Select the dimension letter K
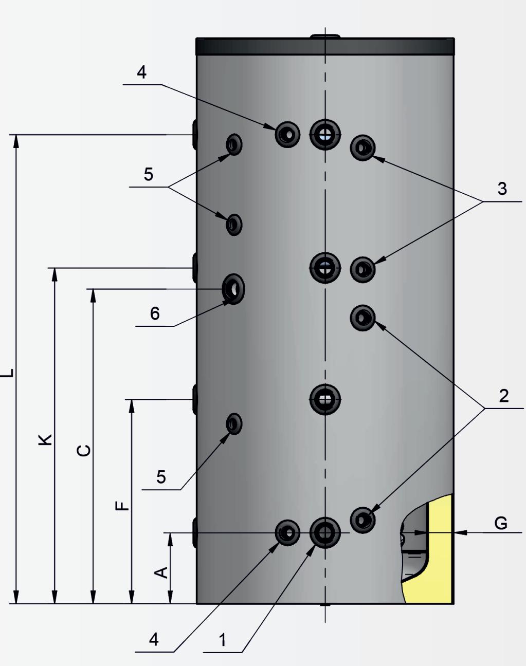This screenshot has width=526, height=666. tap(46, 439)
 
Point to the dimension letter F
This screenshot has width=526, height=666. tap(122, 506)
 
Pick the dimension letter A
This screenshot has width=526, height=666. tap(161, 572)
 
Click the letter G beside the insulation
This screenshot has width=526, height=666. tap(500, 523)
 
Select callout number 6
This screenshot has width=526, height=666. tap(155, 313)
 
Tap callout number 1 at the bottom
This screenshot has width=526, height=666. tap(222, 640)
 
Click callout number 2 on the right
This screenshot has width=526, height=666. tap(503, 395)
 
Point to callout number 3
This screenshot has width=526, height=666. tap(502, 189)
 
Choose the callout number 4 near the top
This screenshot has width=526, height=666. tap(141, 72)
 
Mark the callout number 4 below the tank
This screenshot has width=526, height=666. tap(154, 639)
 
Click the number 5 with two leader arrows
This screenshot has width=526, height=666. tap(149, 174)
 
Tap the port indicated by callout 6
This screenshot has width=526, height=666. tap(234, 289)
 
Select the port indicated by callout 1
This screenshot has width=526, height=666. tap(325, 533)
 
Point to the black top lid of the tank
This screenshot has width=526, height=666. tap(325, 46)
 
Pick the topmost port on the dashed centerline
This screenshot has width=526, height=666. tap(325, 135)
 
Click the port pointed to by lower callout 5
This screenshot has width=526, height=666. tap(234, 424)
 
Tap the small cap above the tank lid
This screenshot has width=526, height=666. tap(325, 36)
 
